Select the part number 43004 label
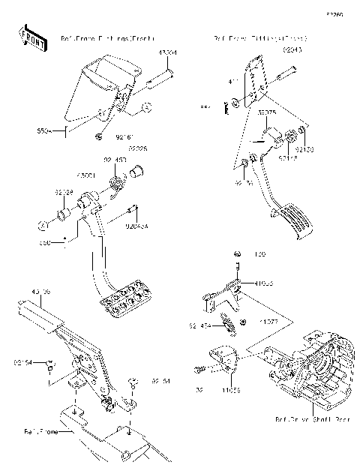pos(167,52)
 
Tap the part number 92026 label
pos(137,148)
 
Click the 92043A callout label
pos(137,225)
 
